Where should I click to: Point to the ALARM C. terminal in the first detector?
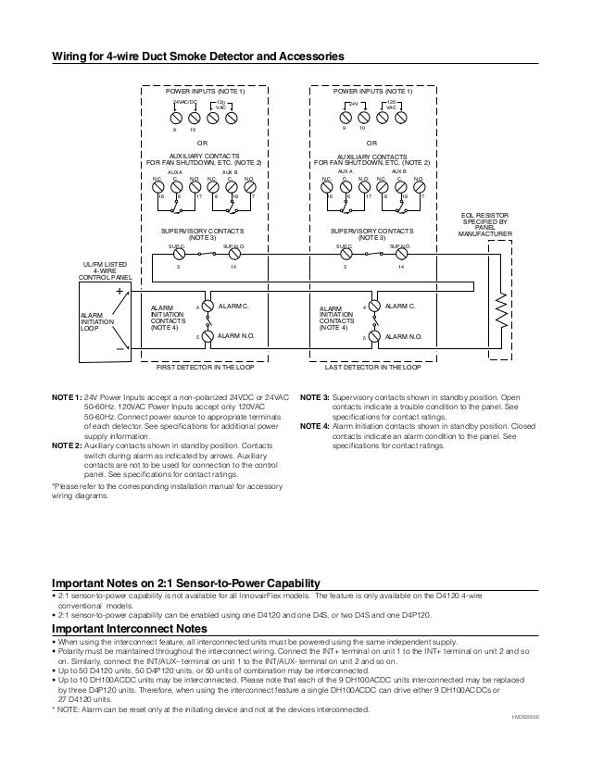click(x=207, y=305)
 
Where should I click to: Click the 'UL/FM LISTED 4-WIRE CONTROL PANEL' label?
click(x=104, y=270)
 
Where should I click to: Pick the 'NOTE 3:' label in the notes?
click(x=316, y=396)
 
